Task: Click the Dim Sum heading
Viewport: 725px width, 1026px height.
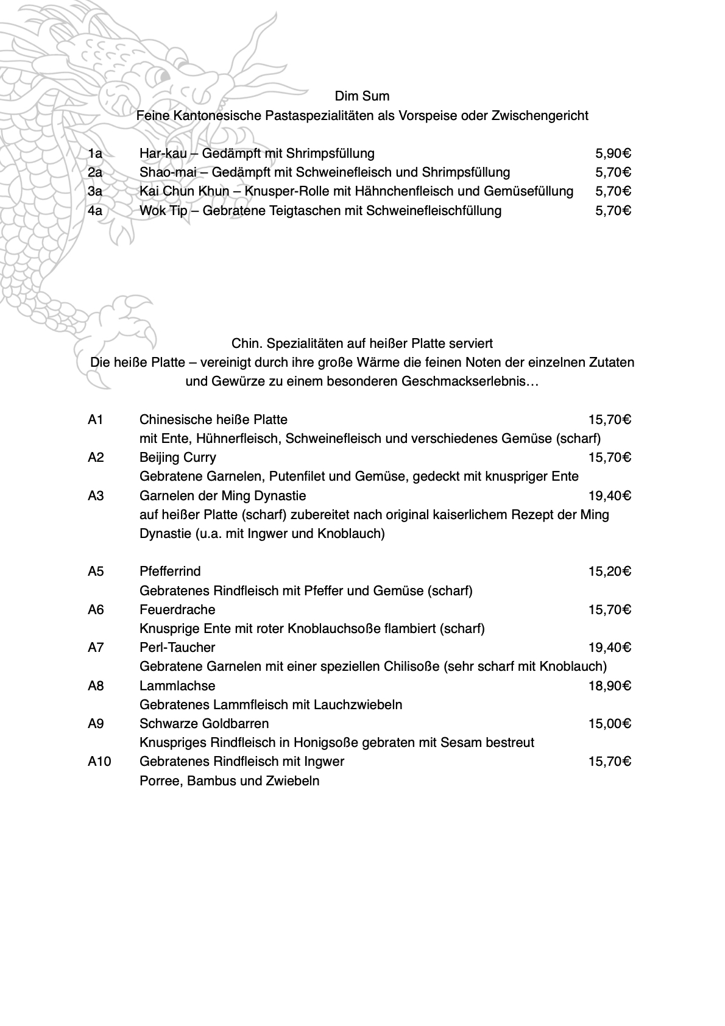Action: [362, 96]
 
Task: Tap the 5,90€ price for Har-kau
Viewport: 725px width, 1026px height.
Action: [613, 153]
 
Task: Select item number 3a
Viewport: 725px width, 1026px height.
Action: [95, 191]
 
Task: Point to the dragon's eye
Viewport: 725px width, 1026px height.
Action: [161, 76]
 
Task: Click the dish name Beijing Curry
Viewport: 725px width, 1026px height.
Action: [177, 457]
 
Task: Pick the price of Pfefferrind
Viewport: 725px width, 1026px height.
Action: [609, 571]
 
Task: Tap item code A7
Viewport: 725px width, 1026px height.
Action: [96, 647]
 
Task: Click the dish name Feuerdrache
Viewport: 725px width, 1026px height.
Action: [177, 609]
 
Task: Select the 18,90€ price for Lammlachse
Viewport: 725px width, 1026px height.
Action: [609, 685]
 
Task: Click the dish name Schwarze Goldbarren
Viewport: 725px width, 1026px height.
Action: [204, 723]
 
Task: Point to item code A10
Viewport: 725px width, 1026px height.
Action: [99, 761]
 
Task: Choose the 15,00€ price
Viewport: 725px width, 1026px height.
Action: [609, 723]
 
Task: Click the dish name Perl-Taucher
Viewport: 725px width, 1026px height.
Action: [177, 647]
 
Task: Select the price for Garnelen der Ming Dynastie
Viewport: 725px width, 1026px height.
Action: [609, 495]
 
